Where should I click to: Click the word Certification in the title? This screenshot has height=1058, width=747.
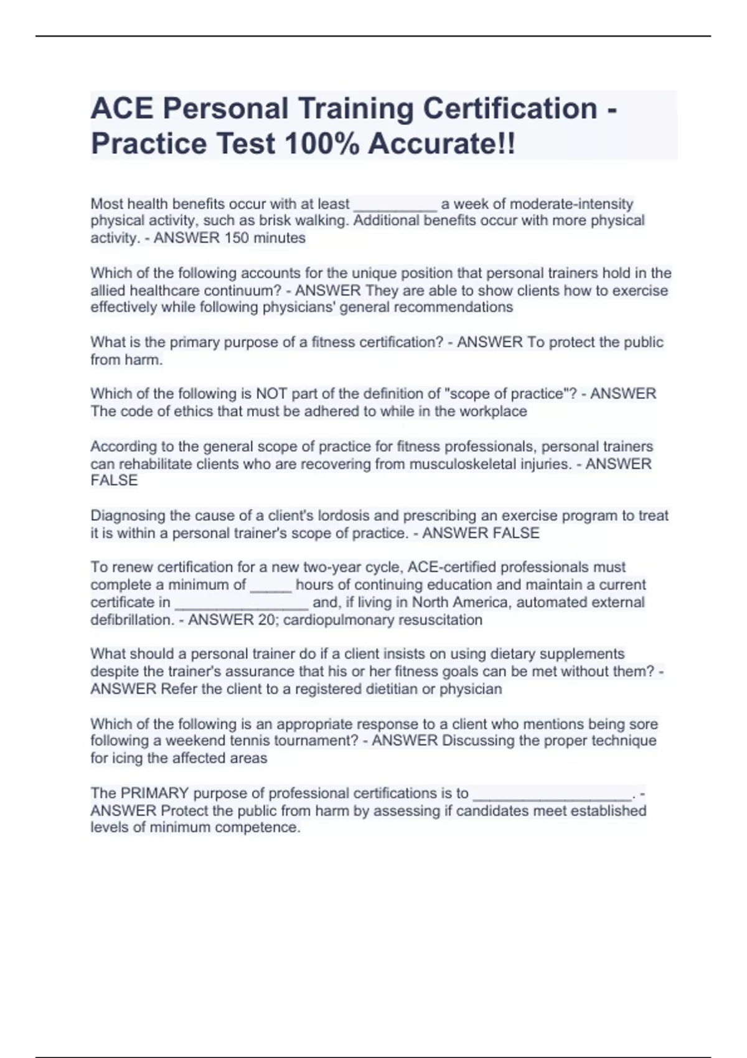pos(510,108)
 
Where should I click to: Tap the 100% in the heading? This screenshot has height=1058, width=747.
pos(321,144)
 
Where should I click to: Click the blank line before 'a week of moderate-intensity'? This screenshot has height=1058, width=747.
pos(395,205)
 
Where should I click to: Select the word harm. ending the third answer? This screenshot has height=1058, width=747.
pos(144,360)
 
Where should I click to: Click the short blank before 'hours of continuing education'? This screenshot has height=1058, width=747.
pos(270,586)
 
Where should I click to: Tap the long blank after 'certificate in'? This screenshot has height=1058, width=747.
pos(242,603)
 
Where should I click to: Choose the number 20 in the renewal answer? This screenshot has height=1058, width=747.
pos(267,620)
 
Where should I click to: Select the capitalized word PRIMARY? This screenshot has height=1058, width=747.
pos(154,793)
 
